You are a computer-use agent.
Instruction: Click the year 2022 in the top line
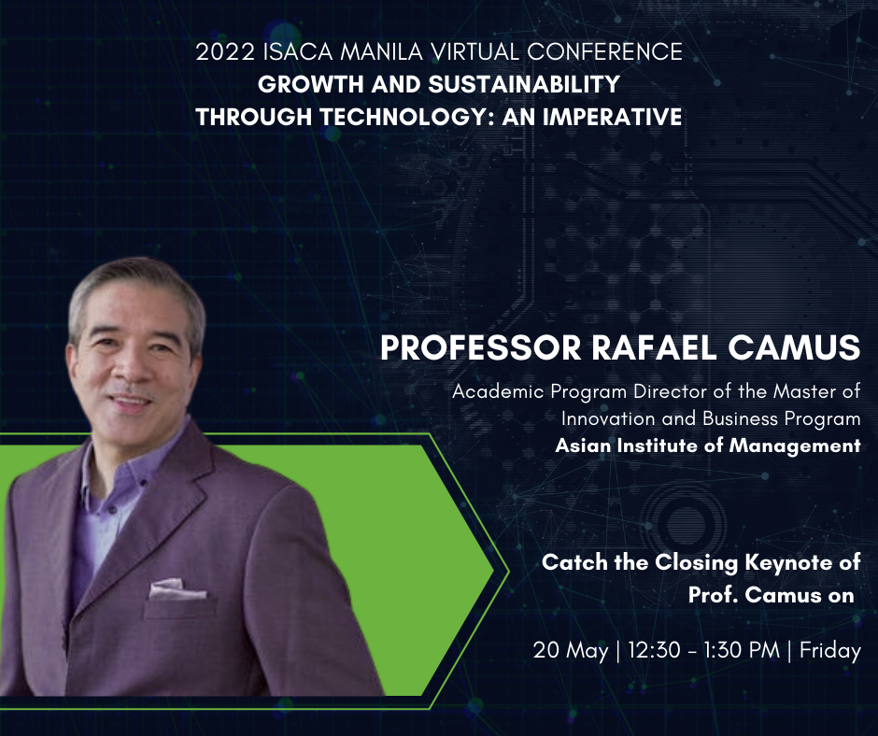coord(225,52)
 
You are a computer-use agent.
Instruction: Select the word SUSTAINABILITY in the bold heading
coord(524,84)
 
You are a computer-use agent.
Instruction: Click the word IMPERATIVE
coord(612,117)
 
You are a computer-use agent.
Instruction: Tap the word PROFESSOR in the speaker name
coord(481,347)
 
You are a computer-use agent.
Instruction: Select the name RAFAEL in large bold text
coord(654,347)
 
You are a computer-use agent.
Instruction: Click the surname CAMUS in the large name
coord(794,347)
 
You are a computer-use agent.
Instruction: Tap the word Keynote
coord(788,562)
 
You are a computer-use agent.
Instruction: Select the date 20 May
coord(571,650)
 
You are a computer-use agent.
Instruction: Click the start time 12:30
coord(654,650)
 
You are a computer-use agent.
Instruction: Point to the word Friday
coord(829,650)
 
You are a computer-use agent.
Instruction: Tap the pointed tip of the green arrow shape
coord(493,572)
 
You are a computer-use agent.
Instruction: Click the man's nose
coord(130,370)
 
